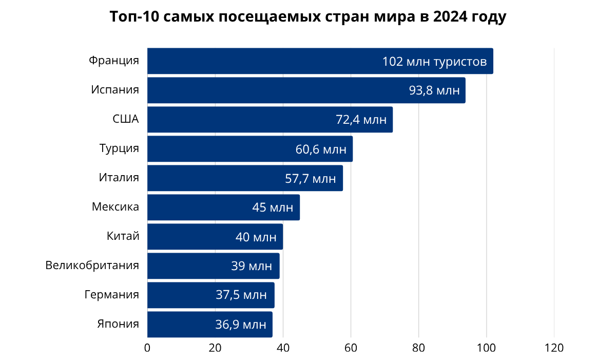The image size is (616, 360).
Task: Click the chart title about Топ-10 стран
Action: pos(308,17)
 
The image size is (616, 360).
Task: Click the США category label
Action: pos(126,119)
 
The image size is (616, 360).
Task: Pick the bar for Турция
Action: pos(221,149)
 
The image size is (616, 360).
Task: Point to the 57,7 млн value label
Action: pos(311,179)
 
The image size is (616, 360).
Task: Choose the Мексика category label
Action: pos(115,207)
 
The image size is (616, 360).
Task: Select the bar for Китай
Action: pos(190,237)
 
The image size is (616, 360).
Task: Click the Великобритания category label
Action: pos(92,266)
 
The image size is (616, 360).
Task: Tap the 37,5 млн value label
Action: pos(241,295)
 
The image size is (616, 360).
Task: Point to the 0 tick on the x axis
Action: pos(147,348)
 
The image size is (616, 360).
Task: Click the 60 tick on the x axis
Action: pos(351,348)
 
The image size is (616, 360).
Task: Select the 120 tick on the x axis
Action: pos(554,348)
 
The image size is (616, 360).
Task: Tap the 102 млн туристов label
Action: pos(434,62)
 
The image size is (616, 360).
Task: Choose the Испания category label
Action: pos(115,90)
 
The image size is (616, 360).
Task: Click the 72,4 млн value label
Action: pos(361,120)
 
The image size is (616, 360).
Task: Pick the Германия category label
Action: pos(112,295)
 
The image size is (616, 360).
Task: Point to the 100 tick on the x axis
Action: pos(486,348)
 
